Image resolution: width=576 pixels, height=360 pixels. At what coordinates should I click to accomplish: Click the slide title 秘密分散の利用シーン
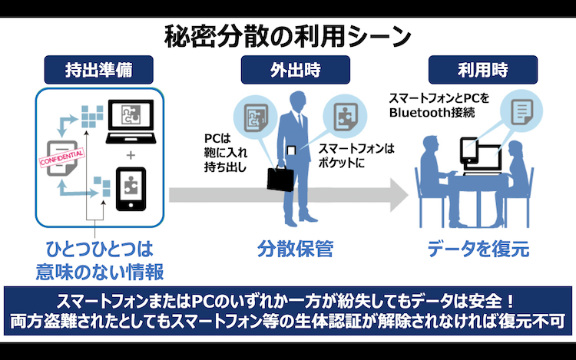pyautogui.click(x=288, y=36)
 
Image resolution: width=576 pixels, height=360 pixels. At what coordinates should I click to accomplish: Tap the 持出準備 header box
pyautogui.click(x=98, y=70)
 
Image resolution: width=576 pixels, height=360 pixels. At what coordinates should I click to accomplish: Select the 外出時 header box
pyautogui.click(x=296, y=70)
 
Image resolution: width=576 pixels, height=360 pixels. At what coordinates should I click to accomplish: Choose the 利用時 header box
pyautogui.click(x=483, y=70)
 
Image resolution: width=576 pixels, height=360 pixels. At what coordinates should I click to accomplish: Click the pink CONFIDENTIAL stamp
pyautogui.click(x=62, y=158)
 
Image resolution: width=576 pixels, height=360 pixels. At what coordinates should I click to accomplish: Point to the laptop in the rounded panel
pyautogui.click(x=131, y=121)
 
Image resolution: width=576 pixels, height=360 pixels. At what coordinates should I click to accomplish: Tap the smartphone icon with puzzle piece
pyautogui.click(x=131, y=189)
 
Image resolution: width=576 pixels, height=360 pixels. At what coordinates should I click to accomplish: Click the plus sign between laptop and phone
pyautogui.click(x=131, y=155)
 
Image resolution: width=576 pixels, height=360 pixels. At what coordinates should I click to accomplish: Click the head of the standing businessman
pyautogui.click(x=297, y=101)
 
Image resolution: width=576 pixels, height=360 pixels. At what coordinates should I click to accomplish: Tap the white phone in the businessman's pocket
pyautogui.click(x=291, y=150)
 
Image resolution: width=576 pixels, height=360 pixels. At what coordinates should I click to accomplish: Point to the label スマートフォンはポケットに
pyautogui.click(x=356, y=156)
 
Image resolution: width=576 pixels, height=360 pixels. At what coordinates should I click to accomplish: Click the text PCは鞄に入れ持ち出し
pyautogui.click(x=226, y=153)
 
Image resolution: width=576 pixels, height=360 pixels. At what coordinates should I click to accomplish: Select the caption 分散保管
pyautogui.click(x=296, y=249)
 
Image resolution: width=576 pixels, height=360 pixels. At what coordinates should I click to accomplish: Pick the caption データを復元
pyautogui.click(x=478, y=249)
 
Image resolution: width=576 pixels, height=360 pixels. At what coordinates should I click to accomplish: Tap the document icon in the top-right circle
pyautogui.click(x=522, y=112)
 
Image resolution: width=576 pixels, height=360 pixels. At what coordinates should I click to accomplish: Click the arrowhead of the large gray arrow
pyautogui.click(x=399, y=195)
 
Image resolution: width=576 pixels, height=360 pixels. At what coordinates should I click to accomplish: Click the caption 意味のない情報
pyautogui.click(x=100, y=272)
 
